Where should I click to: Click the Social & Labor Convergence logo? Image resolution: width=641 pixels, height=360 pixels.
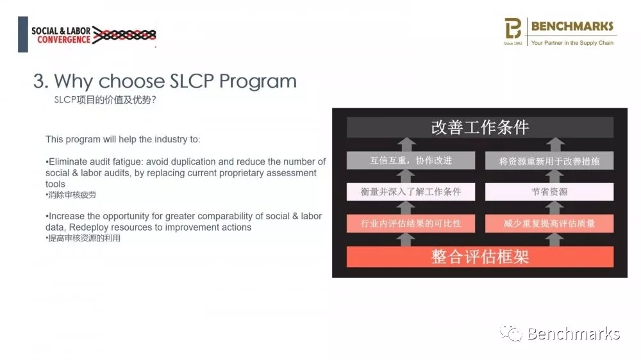[87, 35]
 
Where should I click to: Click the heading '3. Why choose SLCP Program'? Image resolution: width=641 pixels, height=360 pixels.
[165, 81]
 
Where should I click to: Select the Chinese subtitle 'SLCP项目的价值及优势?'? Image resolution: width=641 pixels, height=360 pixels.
[105, 99]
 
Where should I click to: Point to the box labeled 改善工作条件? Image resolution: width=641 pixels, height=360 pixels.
[480, 127]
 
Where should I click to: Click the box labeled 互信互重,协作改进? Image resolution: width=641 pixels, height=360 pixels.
[411, 161]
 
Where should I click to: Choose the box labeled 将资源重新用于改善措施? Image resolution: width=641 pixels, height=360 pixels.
[549, 161]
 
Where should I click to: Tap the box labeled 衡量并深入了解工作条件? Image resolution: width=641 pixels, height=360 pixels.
[411, 192]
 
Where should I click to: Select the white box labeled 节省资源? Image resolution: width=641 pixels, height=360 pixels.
[549, 192]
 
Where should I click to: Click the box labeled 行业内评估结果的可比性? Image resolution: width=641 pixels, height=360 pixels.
[411, 223]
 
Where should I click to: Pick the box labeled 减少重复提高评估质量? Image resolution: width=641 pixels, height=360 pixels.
[549, 223]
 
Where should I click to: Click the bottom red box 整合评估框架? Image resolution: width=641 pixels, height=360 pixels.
[480, 256]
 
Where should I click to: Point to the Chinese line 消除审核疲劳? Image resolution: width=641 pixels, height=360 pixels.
[72, 195]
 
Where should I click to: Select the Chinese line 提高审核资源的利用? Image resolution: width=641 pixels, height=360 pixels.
[84, 238]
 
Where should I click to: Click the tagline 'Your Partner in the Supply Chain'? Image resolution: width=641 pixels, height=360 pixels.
[572, 43]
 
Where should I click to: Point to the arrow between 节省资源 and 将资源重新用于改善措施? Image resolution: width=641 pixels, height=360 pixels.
[556, 176]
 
